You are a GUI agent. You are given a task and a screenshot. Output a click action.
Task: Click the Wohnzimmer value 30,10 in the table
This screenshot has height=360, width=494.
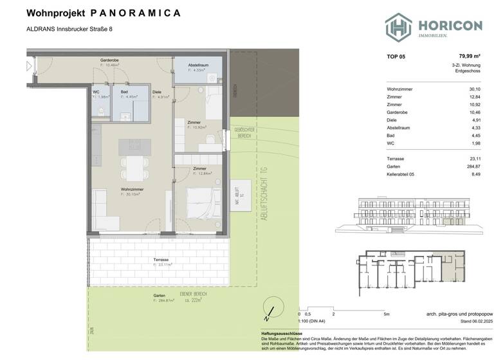coord(475,89)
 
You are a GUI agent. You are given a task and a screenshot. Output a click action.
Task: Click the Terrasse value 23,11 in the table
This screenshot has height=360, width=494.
coord(475,157)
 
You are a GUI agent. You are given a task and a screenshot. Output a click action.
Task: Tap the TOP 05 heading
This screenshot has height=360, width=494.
coord(396,57)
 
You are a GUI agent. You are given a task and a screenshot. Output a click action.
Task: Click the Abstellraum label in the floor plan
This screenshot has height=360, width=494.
coord(199,66)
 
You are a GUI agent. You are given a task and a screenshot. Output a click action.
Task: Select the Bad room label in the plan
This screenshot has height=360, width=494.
coord(124,93)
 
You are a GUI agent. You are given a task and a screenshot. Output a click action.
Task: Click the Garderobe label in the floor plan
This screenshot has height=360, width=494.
coord(109,60)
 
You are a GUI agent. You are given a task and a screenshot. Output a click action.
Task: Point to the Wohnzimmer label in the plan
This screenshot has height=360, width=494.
coord(131,190)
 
